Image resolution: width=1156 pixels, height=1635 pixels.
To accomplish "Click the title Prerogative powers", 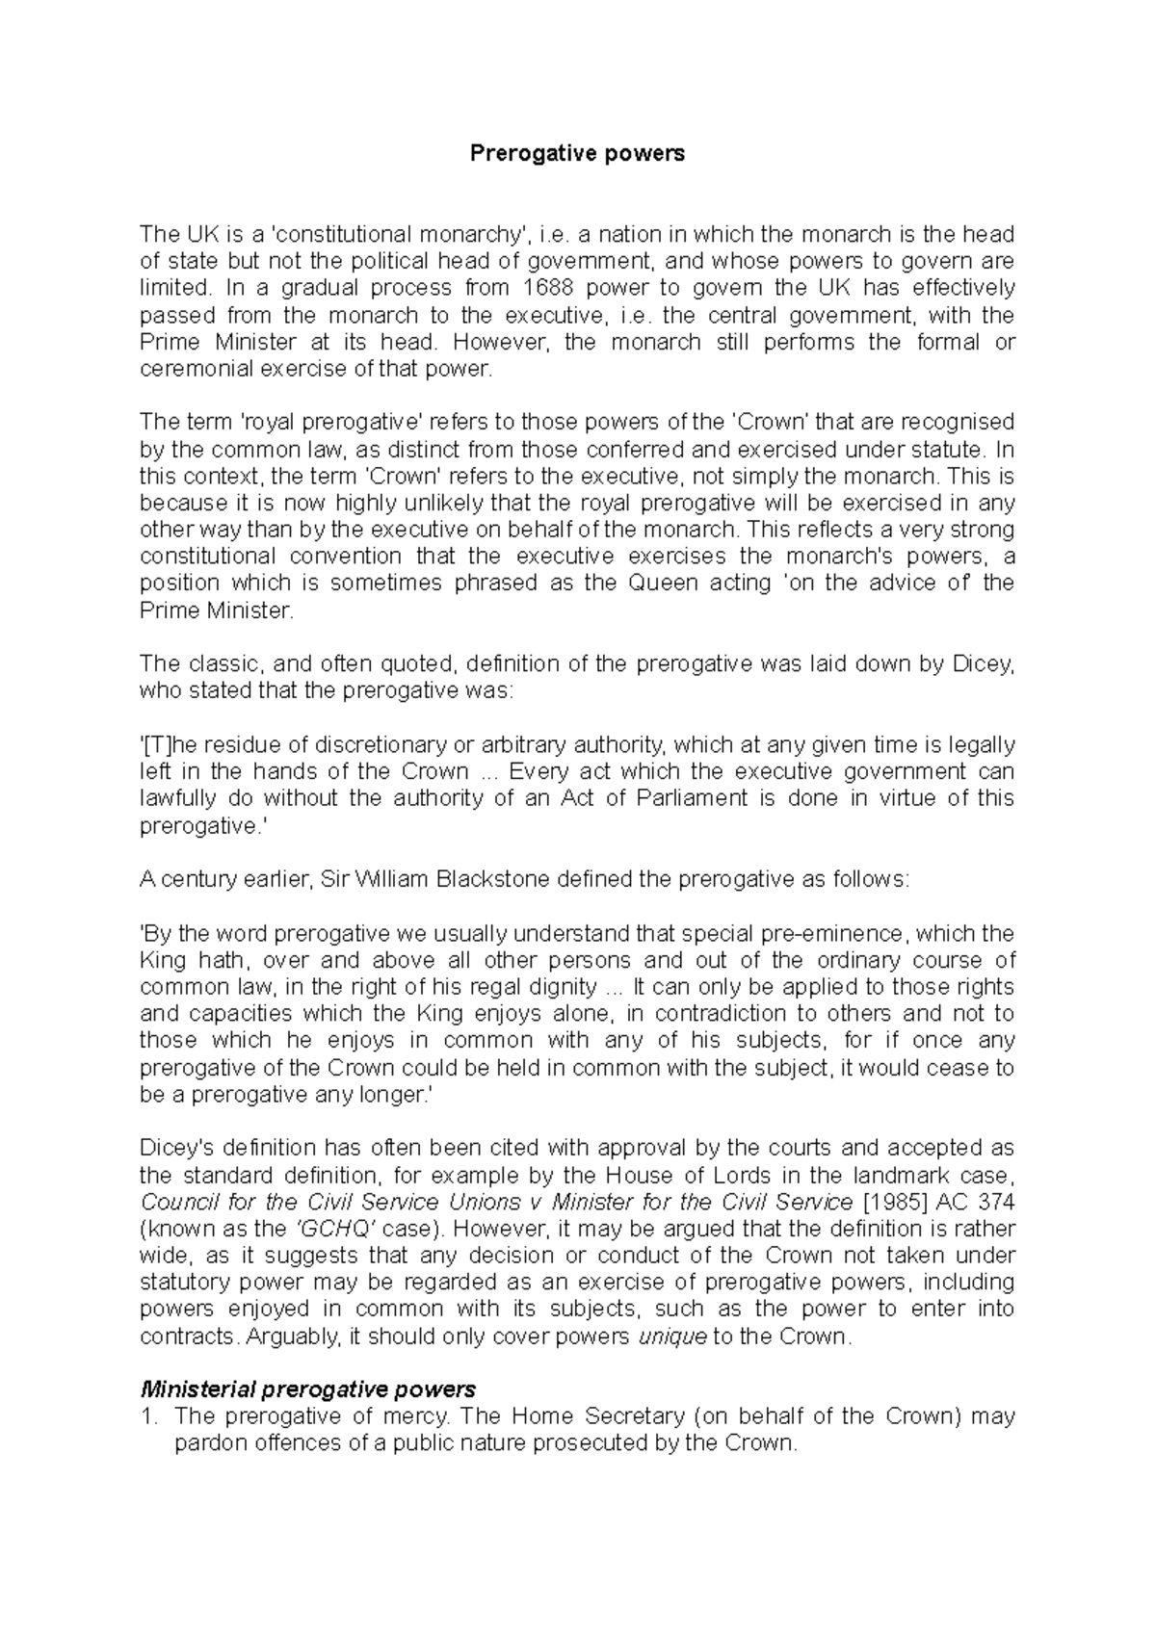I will coord(577,153).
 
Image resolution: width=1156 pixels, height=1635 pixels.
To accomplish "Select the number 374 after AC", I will coord(996,1202).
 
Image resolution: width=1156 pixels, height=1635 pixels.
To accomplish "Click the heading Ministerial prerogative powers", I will coord(308,1389).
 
